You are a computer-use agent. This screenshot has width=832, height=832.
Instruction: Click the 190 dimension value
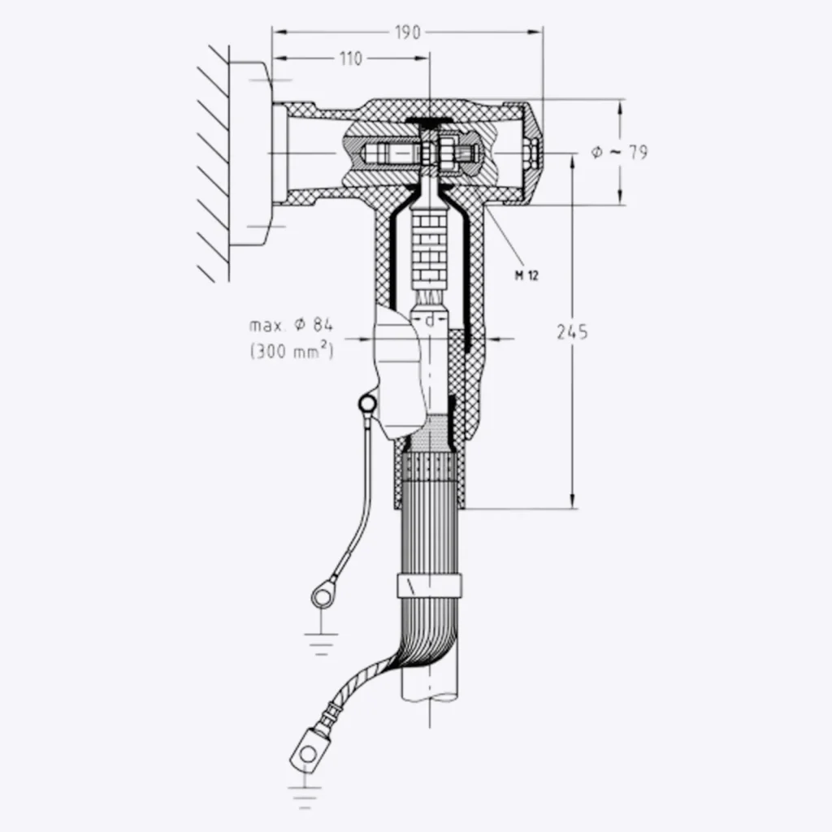[x=408, y=32]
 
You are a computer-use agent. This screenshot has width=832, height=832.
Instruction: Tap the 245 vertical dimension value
[x=573, y=331]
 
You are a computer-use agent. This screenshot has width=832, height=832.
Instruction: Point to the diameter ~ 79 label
[x=619, y=152]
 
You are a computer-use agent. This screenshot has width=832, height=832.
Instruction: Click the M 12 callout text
[x=526, y=275]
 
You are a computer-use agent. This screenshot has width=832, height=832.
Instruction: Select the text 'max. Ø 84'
[x=291, y=326]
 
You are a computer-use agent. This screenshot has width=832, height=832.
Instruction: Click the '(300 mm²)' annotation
[x=291, y=352]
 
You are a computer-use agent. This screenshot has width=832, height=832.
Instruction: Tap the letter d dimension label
[x=430, y=320]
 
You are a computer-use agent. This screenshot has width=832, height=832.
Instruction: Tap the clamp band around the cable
[x=429, y=584]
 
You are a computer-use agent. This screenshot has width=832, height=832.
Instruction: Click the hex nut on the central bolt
[x=447, y=152]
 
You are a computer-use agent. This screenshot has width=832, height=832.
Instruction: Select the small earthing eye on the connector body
[x=367, y=401]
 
